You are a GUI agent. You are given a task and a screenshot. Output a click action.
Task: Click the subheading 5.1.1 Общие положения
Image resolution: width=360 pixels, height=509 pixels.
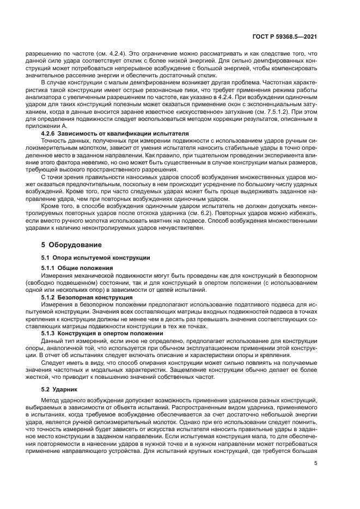pyautogui.click(x=77, y=268)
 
